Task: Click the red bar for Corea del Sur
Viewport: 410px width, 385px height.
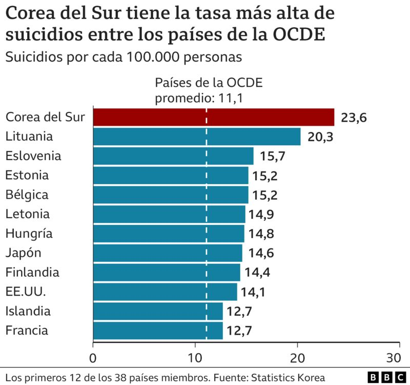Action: pyautogui.click(x=213, y=118)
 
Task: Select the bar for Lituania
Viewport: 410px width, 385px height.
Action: pyautogui.click(x=196, y=137)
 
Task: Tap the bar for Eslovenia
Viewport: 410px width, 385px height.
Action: pyautogui.click(x=173, y=156)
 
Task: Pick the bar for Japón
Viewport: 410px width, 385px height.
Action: pyautogui.click(x=167, y=253)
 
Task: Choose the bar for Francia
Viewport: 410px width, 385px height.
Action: pyautogui.click(x=157, y=331)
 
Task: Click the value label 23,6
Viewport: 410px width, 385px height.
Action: pyautogui.click(x=354, y=118)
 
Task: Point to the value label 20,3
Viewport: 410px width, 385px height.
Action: pyautogui.click(x=320, y=137)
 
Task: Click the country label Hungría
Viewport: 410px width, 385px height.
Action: pyautogui.click(x=29, y=234)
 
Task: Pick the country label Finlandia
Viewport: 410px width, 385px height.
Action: pyautogui.click(x=32, y=272)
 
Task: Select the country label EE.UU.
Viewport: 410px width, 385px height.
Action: pyautogui.click(x=26, y=292)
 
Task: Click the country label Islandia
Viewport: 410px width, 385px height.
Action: pyautogui.click(x=28, y=311)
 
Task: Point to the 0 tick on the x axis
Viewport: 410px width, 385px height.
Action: pyautogui.click(x=93, y=357)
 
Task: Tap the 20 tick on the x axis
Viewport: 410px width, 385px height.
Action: pyautogui.click(x=297, y=357)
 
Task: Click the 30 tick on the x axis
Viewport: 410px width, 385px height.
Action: pyautogui.click(x=393, y=357)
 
